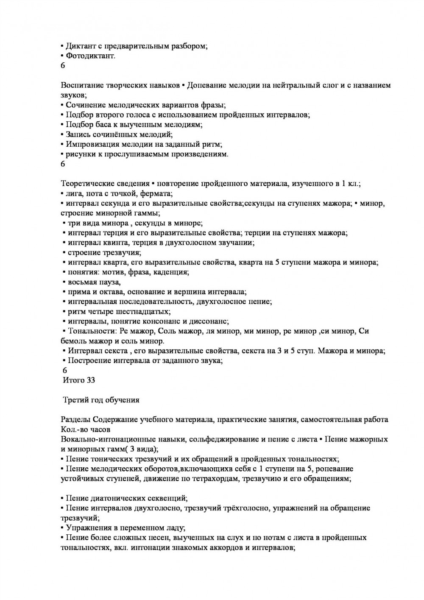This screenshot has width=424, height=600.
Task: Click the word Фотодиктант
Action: (90, 56)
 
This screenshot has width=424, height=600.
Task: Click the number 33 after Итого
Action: (91, 380)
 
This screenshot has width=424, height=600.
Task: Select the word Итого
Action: (73, 380)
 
